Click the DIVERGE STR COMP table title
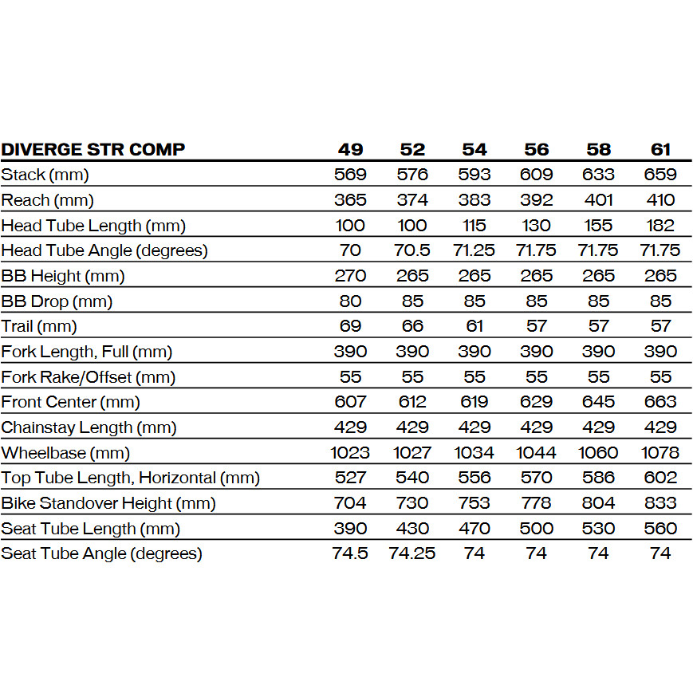(93, 149)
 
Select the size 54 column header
(474, 149)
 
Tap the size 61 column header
(660, 149)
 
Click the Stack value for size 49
(350, 175)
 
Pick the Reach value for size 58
(598, 200)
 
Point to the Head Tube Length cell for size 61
(660, 226)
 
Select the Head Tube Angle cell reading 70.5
(412, 250)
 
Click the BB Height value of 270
(350, 276)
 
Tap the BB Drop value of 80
(350, 301)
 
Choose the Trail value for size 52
(412, 326)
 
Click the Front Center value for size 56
(536, 402)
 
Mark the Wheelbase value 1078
(660, 453)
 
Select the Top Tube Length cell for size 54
(474, 478)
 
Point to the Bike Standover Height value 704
(350, 503)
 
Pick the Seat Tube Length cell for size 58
(598, 529)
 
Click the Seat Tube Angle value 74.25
(412, 553)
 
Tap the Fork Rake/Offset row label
(88, 377)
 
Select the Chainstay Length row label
(89, 427)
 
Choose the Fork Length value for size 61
(660, 352)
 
